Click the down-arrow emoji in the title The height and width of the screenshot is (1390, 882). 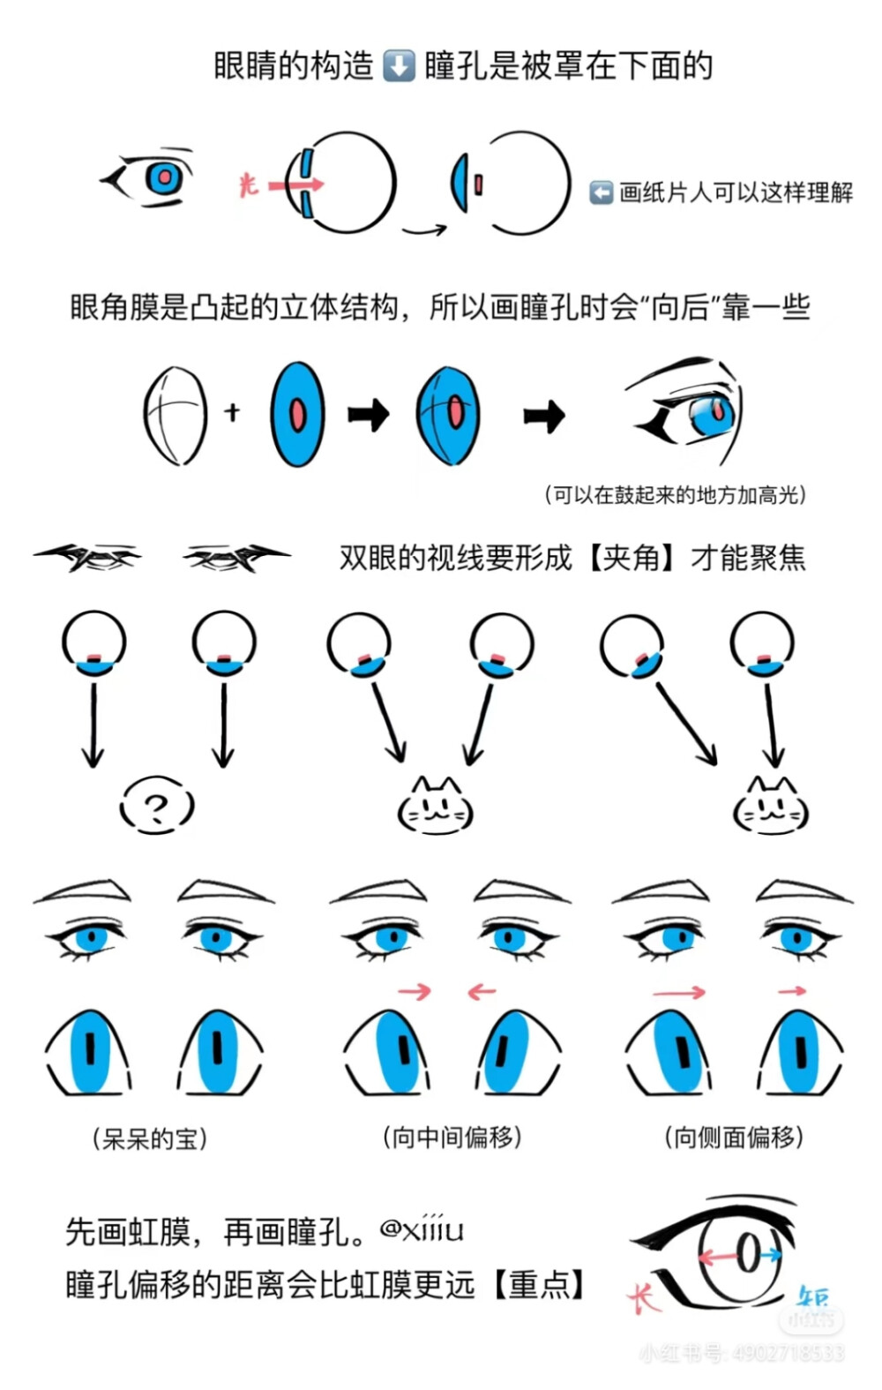tap(399, 66)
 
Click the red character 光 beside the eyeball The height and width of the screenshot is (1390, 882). tap(249, 184)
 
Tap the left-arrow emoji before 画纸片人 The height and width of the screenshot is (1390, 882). tap(601, 192)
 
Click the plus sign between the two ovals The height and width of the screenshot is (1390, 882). tap(232, 411)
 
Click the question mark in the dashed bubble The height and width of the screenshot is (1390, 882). tap(156, 807)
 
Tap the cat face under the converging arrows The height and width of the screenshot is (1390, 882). tap(436, 807)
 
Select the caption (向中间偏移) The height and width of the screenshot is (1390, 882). tap(452, 1137)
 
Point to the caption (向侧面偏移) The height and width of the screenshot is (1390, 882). tap(734, 1137)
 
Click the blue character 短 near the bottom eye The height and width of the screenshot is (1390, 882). tap(812, 1296)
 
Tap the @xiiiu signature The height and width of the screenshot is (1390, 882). tap(422, 1228)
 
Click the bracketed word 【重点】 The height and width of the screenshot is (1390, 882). tap(535, 1285)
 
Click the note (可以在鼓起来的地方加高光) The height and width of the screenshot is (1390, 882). tap(676, 495)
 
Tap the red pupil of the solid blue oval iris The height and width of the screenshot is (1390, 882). tap(297, 415)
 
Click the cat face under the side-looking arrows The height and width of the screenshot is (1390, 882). tap(770, 807)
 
